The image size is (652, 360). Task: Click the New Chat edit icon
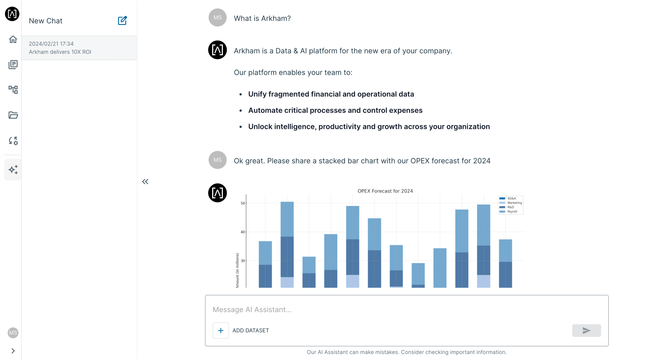pos(122,21)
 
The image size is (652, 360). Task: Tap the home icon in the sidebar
pos(13,39)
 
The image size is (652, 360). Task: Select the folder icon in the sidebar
pos(13,115)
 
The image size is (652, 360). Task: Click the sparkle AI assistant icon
pos(13,170)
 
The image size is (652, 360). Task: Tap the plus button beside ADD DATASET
pos(221,330)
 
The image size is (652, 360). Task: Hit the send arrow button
pos(586,330)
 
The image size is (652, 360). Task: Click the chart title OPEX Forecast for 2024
pos(385,191)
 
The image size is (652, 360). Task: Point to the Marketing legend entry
pos(514,203)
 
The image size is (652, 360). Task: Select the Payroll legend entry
pos(512,212)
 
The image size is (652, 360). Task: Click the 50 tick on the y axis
pos(243,203)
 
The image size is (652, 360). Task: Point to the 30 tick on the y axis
pos(243,261)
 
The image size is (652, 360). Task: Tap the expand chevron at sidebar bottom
pos(13,351)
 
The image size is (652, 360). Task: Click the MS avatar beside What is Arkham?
pos(217,17)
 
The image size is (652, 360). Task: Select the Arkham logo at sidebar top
pos(12,14)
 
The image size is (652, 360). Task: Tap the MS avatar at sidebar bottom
pos(13,333)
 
